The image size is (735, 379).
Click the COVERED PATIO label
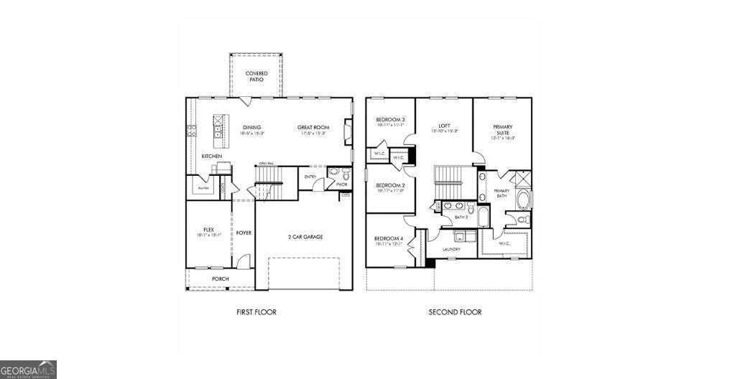[x=256, y=76]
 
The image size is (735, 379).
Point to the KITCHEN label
[x=211, y=156]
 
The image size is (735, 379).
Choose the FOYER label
[x=244, y=233]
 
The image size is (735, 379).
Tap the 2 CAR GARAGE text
[x=305, y=236]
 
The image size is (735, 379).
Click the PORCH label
[x=220, y=279]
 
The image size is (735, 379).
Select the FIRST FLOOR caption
[x=256, y=312]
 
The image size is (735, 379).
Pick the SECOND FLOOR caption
[x=455, y=312]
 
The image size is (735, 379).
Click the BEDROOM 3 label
[x=390, y=119]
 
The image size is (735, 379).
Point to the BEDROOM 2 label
[x=390, y=184]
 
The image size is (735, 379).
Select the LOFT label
[x=444, y=126]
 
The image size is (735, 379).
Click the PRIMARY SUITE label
[x=502, y=129]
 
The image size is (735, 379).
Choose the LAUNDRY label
[x=451, y=249]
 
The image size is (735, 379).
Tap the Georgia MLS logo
[x=29, y=369]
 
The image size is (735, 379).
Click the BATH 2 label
[x=462, y=216]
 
